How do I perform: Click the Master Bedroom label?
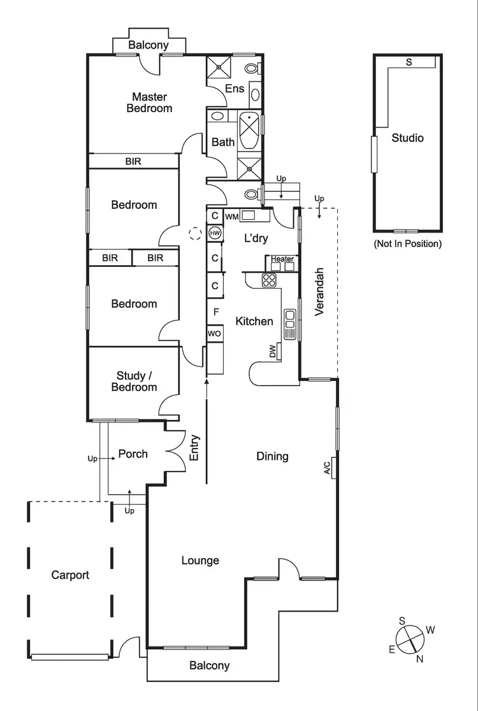[149, 103]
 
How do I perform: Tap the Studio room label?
[407, 138]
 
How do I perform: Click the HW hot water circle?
[215, 234]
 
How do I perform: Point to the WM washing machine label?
[231, 216]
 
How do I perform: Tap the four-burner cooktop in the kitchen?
[269, 280]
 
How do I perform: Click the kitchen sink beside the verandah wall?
[291, 322]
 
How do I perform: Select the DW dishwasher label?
[273, 351]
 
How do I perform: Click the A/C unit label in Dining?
[328, 470]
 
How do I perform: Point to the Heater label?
[282, 259]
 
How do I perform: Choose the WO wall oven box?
[214, 334]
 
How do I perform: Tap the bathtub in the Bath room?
[249, 131]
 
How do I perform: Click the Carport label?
[70, 575]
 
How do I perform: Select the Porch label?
[133, 454]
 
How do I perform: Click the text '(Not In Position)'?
[407, 243]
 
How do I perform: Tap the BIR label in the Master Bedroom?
[133, 161]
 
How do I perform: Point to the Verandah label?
[320, 291]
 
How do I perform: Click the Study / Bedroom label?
[134, 382]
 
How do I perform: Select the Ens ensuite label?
[235, 89]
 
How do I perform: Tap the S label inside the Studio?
[409, 62]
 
